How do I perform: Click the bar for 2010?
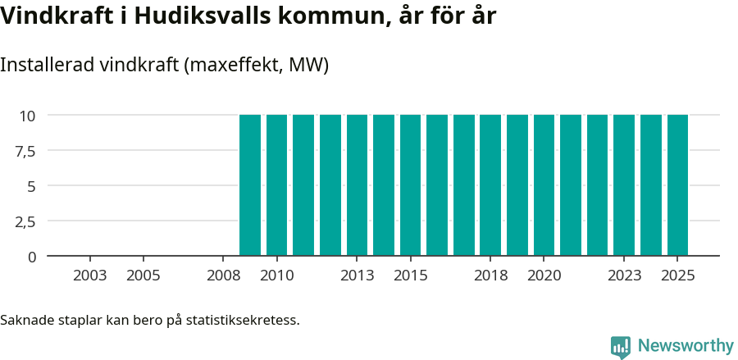pyautogui.click(x=277, y=185)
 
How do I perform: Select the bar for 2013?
pyautogui.click(x=358, y=185)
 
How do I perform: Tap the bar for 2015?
pyautogui.click(x=411, y=185)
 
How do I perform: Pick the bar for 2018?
pyautogui.click(x=490, y=185)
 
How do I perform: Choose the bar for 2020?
pyautogui.click(x=544, y=185)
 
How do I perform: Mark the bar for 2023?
pyautogui.click(x=624, y=185)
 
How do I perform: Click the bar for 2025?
pyautogui.click(x=677, y=185)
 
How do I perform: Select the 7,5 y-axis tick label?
pyautogui.click(x=25, y=151)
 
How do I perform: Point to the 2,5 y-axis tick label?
pyautogui.click(x=25, y=221)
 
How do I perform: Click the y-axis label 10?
pyautogui.click(x=28, y=116)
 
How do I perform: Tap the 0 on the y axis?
pyautogui.click(x=32, y=257)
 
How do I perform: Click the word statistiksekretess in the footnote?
pyautogui.click(x=243, y=319)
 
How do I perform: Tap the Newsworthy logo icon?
pyautogui.click(x=621, y=346)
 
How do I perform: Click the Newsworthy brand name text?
pyautogui.click(x=685, y=346)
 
